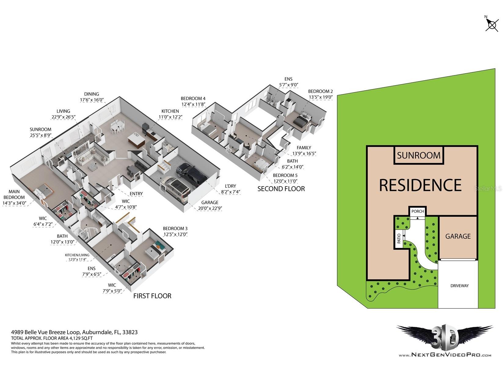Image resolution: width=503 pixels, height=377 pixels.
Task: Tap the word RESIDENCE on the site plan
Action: click(420, 185)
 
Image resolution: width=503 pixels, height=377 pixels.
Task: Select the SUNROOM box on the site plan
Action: click(419, 155)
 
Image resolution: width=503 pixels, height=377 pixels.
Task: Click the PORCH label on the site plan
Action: click(417, 211)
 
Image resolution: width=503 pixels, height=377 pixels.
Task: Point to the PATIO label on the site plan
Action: click(399, 238)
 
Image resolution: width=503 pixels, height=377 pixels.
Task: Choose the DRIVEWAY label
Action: click(459, 286)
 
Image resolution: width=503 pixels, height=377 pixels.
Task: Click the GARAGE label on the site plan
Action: click(458, 236)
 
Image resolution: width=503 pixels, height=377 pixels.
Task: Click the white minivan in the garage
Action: click(176, 189)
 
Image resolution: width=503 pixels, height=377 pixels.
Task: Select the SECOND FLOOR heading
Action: click(281, 189)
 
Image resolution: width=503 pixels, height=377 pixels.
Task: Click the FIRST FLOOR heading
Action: click(152, 296)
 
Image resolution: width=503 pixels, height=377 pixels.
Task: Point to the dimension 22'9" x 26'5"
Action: click(64, 117)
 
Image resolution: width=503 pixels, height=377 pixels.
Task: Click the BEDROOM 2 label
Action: click(320, 91)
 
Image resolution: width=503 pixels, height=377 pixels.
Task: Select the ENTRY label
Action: click(136, 194)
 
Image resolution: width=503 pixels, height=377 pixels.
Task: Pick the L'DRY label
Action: click(230, 186)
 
